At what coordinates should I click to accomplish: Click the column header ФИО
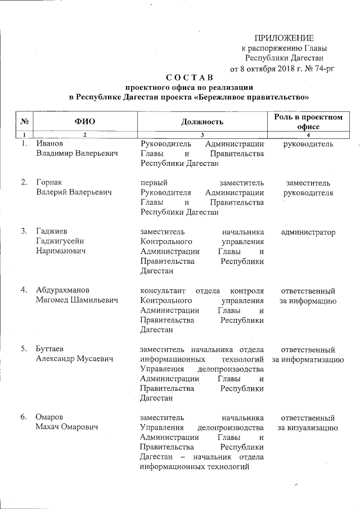pos(84,121)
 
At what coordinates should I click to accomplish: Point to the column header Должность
pos(202,121)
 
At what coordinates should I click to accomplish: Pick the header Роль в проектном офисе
pos(308,121)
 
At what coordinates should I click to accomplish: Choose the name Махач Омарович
pos(67,427)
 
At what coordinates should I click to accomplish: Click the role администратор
pos(308,232)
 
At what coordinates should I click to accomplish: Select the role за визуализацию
pos(308,427)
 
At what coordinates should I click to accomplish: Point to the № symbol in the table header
pos(25,121)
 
